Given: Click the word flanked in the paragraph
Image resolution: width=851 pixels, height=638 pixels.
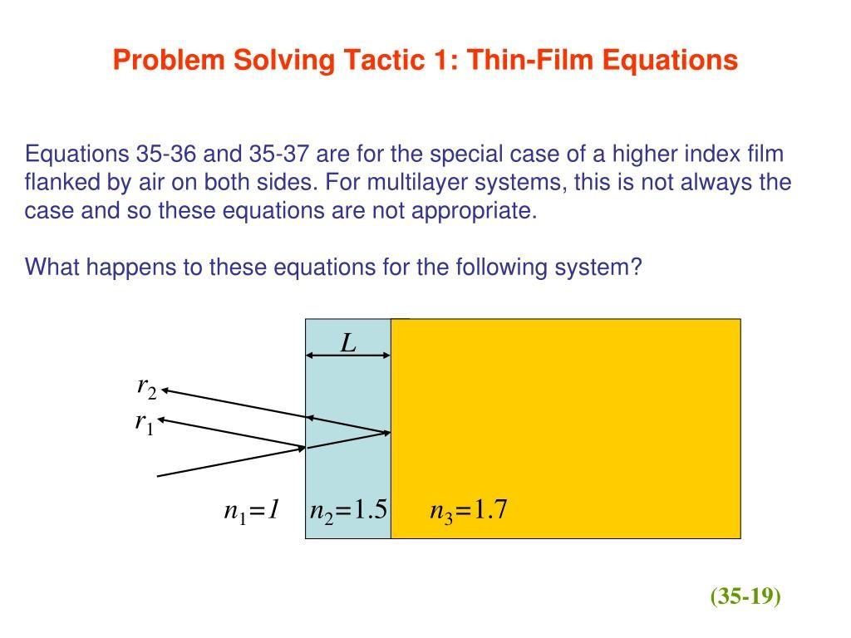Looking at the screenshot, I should click(x=57, y=182).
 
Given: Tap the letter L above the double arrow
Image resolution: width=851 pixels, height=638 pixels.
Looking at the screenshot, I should click(x=348, y=342).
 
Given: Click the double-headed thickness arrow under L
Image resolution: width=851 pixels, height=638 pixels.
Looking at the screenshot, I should click(x=348, y=356).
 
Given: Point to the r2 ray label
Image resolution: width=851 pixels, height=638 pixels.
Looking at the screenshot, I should click(x=146, y=386).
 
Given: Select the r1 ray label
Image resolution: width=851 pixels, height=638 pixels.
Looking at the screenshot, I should click(x=145, y=423).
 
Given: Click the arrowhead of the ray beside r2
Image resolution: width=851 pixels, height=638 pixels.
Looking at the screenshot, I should click(x=166, y=390).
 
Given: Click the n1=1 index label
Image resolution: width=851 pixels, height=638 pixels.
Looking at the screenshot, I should click(x=250, y=510).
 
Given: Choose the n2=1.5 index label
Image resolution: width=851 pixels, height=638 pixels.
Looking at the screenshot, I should click(x=348, y=510).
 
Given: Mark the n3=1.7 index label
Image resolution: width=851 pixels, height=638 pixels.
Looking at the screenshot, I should click(x=468, y=510).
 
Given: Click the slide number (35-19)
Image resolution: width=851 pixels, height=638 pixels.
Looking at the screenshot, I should click(x=745, y=596).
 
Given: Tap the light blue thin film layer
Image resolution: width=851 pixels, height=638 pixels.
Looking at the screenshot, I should click(x=348, y=465).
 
